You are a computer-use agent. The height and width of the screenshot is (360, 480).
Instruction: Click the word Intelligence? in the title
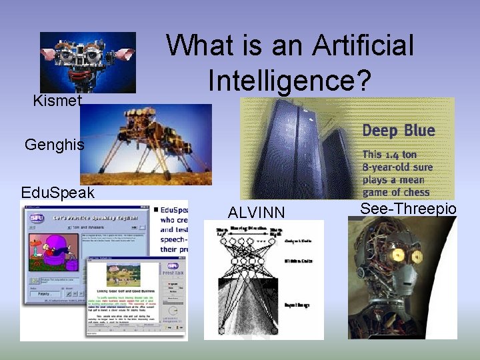(289, 80)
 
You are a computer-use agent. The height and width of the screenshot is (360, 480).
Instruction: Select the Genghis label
(54, 144)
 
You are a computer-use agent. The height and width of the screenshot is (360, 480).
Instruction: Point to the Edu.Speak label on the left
(57, 193)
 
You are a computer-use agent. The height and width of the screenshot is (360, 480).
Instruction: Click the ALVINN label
(256, 212)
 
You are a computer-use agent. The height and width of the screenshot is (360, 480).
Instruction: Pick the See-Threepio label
(408, 209)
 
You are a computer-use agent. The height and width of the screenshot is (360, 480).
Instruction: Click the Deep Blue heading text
(398, 131)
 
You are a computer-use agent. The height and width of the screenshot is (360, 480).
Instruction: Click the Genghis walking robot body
(143, 133)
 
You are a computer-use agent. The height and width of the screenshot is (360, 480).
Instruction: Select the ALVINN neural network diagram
(263, 280)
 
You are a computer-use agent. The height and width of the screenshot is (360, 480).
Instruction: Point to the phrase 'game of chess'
(396, 192)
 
